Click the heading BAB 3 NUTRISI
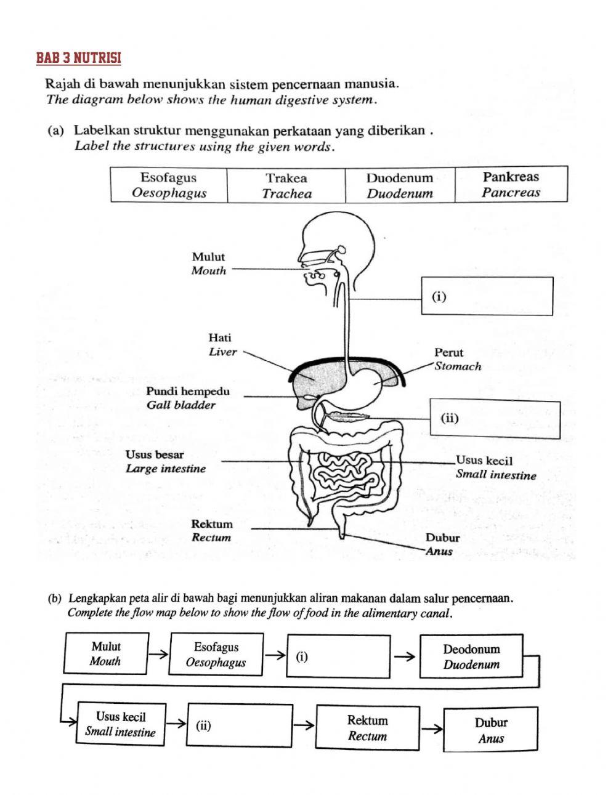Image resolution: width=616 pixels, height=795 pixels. pyautogui.click(x=79, y=59)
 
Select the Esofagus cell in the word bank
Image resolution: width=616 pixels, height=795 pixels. pyautogui.click(x=169, y=185)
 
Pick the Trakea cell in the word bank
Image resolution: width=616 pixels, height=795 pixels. pyautogui.click(x=286, y=185)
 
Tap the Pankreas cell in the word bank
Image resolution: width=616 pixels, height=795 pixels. pyautogui.click(x=511, y=185)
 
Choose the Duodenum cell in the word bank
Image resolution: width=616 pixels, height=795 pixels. pyautogui.click(x=400, y=185)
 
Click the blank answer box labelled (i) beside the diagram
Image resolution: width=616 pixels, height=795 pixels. pyautogui.click(x=487, y=296)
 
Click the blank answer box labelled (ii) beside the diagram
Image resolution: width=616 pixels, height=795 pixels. pyautogui.click(x=495, y=419)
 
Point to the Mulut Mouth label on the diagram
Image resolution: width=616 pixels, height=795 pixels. pyautogui.click(x=209, y=264)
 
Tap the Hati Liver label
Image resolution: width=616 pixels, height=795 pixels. pyautogui.click(x=222, y=345)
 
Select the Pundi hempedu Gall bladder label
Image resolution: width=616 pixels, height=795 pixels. pyautogui.click(x=187, y=398)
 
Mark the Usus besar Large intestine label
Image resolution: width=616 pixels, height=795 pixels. pyautogui.click(x=165, y=462)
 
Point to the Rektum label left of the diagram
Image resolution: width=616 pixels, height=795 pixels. pyautogui.click(x=212, y=531)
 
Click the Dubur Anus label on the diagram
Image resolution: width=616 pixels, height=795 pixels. pyautogui.click(x=442, y=544)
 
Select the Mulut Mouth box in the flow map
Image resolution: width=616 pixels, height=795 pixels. pyautogui.click(x=105, y=654)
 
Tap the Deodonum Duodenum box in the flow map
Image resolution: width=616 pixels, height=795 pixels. pyautogui.click(x=471, y=656)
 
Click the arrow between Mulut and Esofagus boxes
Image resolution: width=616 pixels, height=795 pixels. pyautogui.click(x=158, y=655)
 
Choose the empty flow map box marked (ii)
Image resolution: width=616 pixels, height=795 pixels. pyautogui.click(x=240, y=725)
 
